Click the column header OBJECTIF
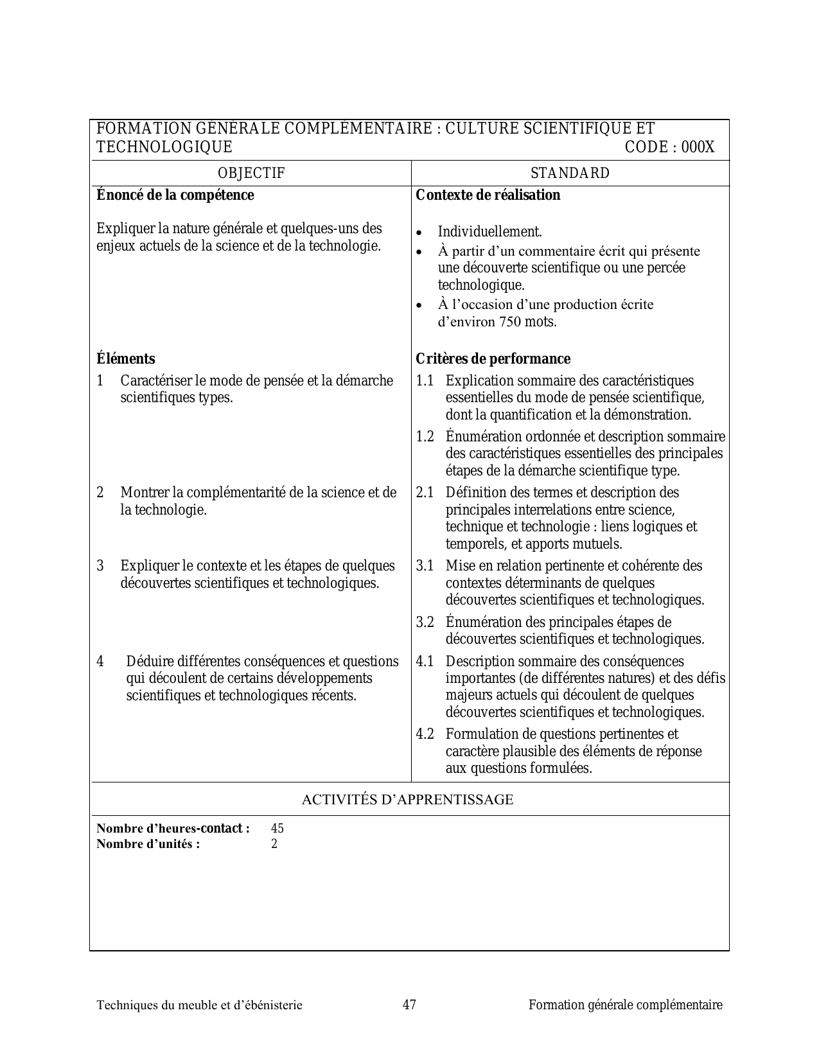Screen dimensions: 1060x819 coord(251,173)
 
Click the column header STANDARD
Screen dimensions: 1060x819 coord(570,173)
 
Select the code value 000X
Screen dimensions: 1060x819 coord(698,147)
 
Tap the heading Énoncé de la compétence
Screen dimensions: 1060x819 coord(175,195)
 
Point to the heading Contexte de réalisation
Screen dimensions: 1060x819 coord(488,195)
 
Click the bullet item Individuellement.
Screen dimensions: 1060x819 coord(489,231)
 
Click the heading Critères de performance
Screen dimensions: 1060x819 coord(493,358)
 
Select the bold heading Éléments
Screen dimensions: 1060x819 coord(125,358)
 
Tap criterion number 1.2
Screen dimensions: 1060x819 coord(425,437)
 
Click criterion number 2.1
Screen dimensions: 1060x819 coord(425,493)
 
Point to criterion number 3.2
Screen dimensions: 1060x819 coord(425,622)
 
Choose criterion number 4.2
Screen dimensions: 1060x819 coord(425,734)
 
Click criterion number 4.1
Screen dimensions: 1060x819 coord(425,661)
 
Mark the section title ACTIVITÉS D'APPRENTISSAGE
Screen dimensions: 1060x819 coord(407,800)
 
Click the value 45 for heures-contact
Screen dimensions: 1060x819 coord(277,828)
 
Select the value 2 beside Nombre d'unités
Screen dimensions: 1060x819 coord(274,844)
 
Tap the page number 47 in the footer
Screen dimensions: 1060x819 coord(409,1005)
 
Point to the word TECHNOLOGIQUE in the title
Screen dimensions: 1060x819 coord(164,147)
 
